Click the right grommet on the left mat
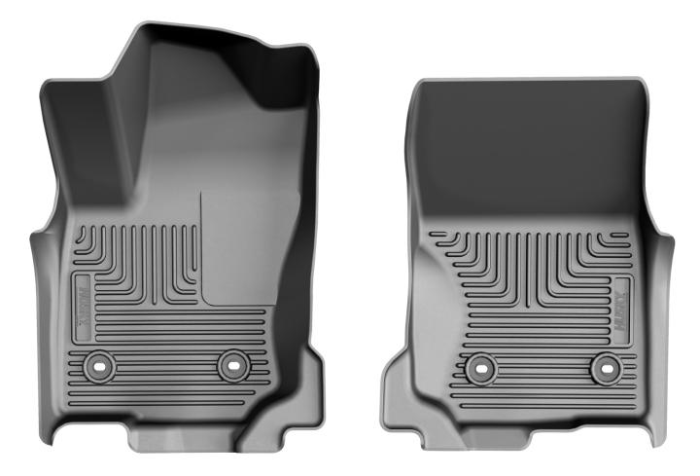coord(233,365)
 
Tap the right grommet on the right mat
coord(606,367)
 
